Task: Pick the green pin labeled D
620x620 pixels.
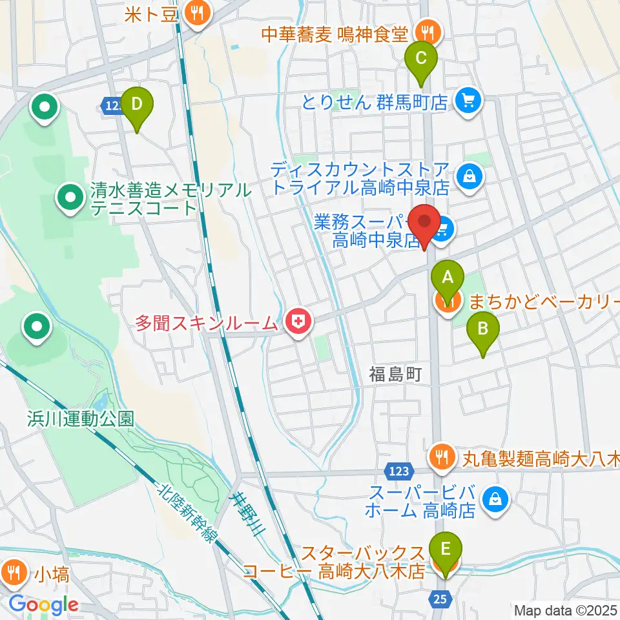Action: click(137, 103)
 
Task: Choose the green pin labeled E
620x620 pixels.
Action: click(446, 550)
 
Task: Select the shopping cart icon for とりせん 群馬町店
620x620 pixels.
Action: click(465, 101)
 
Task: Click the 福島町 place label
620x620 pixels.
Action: click(395, 373)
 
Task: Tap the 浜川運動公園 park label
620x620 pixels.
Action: click(80, 417)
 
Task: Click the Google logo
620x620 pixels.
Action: click(43, 605)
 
